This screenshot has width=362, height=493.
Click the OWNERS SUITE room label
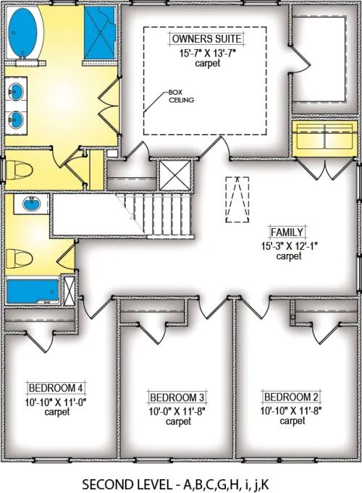[x=206, y=38]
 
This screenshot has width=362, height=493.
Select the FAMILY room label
[x=287, y=232]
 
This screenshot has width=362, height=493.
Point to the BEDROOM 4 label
[x=56, y=387]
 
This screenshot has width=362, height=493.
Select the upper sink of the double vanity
[x=17, y=92]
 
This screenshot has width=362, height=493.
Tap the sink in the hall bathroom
[x=31, y=205]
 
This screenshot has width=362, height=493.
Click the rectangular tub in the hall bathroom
[x=31, y=291]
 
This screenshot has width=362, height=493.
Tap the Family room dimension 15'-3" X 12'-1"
[x=287, y=245]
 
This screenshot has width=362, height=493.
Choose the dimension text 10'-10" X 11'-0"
[x=56, y=400]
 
